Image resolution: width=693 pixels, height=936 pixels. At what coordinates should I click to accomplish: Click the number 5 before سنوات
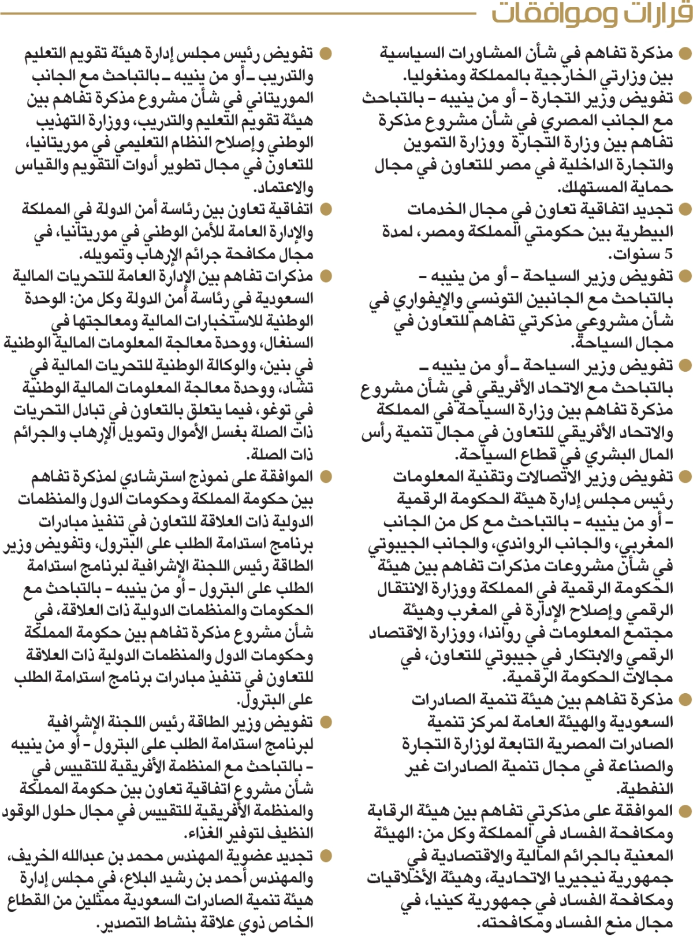coord(668,254)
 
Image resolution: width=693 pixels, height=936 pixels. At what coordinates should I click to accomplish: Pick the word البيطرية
coord(638,232)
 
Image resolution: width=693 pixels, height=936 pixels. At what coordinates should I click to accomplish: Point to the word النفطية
coord(644,789)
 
